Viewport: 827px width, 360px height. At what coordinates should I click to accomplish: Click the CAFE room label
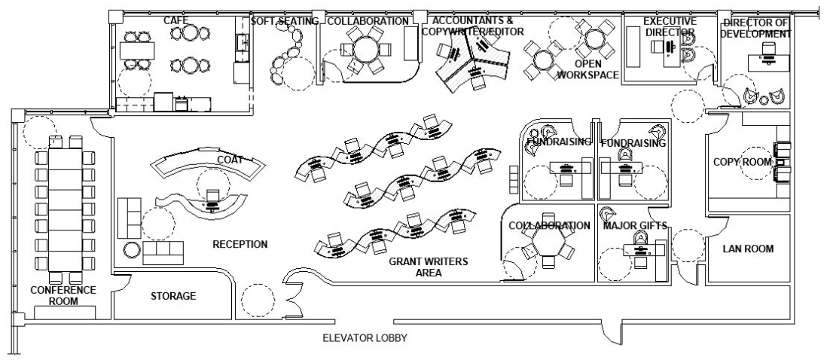(176, 20)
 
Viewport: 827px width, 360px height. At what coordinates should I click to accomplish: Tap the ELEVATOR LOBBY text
(365, 338)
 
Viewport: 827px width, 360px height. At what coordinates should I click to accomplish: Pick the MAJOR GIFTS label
(633, 225)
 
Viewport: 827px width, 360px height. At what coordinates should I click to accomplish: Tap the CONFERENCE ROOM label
(63, 295)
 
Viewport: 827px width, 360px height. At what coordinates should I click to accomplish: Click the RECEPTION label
(240, 244)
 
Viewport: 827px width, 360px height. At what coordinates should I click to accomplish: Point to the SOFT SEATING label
(285, 21)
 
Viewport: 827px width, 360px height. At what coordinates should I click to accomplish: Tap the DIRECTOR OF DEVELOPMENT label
(755, 29)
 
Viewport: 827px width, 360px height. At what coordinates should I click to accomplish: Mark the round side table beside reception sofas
(131, 249)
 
